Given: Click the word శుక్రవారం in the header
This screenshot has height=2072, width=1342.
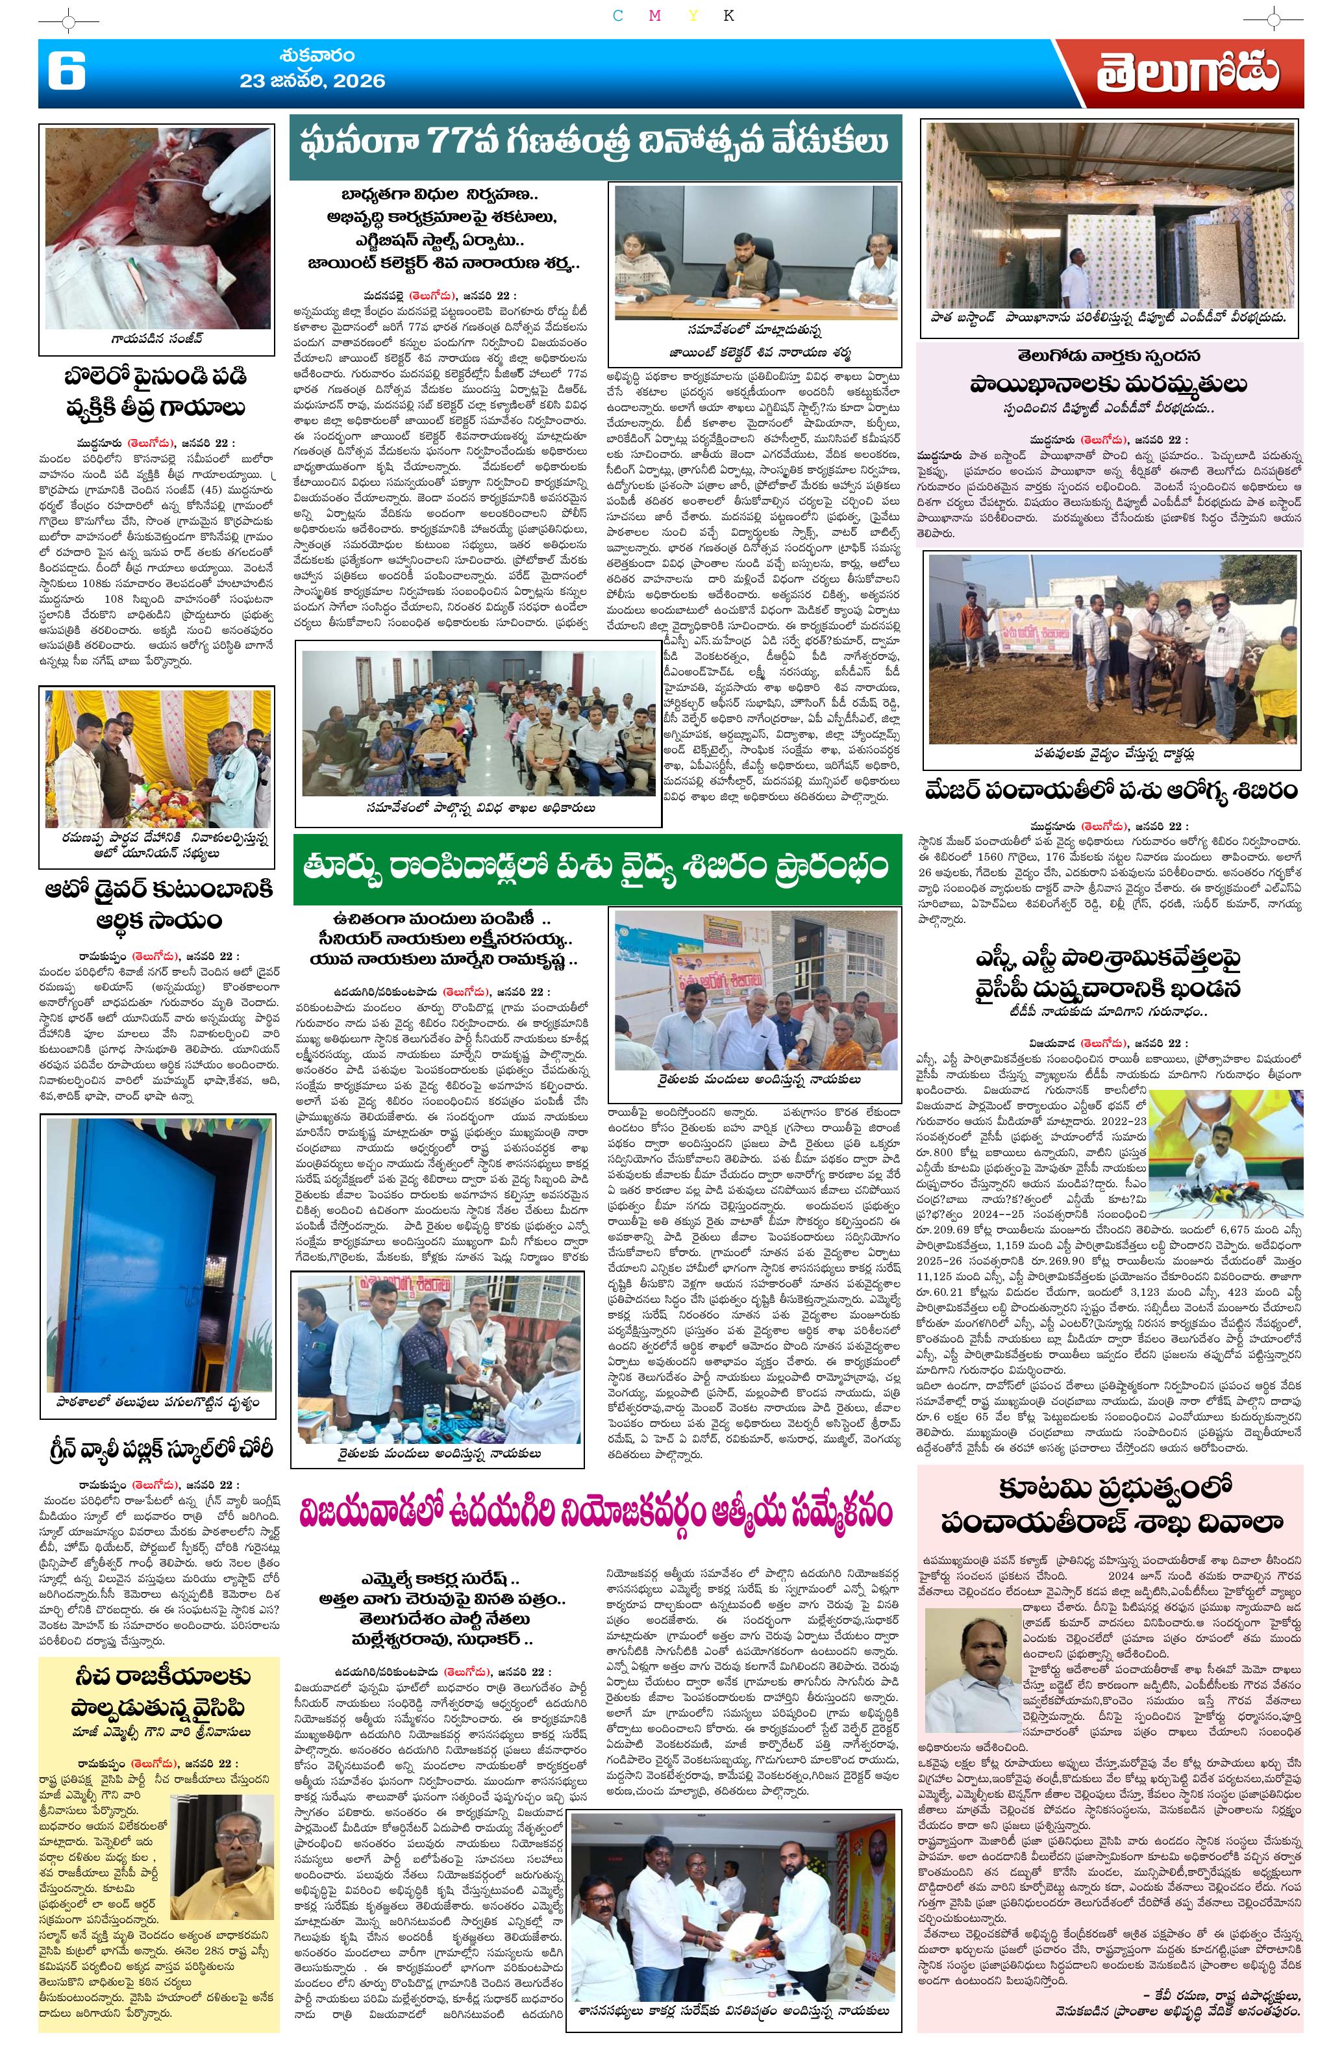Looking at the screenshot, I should tap(317, 57).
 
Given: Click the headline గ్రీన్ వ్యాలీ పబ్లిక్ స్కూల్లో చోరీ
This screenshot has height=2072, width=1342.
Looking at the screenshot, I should tap(156, 1450).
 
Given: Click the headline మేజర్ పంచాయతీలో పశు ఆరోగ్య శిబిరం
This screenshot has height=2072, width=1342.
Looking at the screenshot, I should tap(1110, 791).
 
